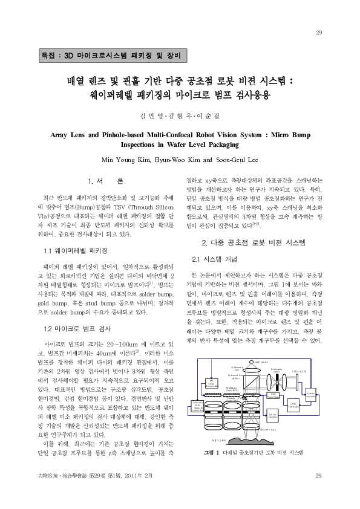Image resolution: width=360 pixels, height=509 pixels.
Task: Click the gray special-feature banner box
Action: point(113,54)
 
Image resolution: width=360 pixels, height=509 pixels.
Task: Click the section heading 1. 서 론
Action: point(106,181)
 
